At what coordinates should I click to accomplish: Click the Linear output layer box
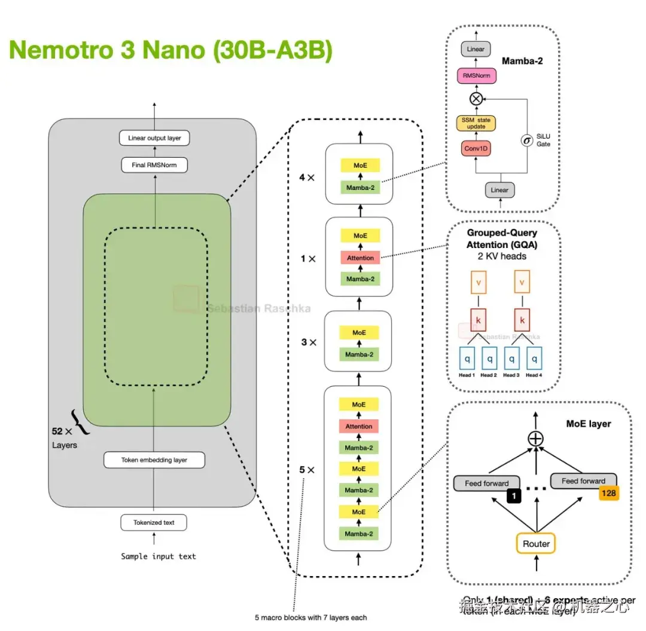(x=154, y=138)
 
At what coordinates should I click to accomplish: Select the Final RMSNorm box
(x=154, y=164)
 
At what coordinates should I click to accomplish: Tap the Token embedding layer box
(x=154, y=460)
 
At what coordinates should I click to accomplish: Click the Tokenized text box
(x=154, y=522)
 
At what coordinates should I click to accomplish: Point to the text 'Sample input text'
(x=159, y=556)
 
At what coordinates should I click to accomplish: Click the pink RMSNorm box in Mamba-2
(x=476, y=76)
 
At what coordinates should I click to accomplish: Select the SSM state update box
(x=476, y=123)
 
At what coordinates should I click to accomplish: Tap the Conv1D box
(x=476, y=149)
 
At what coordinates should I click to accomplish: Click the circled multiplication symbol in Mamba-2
(x=476, y=98)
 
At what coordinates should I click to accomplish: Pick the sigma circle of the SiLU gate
(x=527, y=141)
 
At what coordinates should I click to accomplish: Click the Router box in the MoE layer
(x=536, y=544)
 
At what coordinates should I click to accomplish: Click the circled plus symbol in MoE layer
(x=535, y=439)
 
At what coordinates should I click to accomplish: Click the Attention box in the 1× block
(x=360, y=258)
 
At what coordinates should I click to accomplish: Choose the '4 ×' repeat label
(x=306, y=177)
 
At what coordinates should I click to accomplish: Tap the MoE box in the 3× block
(x=359, y=333)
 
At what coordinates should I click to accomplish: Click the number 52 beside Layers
(x=58, y=430)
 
